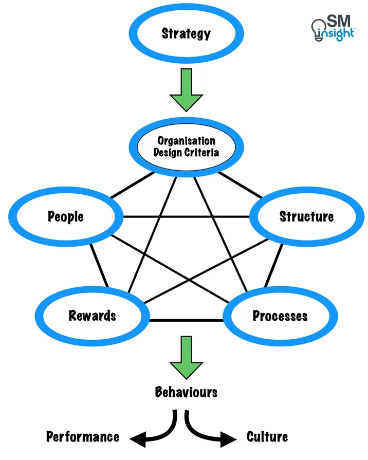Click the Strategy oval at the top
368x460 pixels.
(186, 34)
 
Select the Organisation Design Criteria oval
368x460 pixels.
(186, 146)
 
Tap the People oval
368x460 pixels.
(66, 216)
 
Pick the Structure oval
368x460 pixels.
(306, 216)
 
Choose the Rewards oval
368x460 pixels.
(93, 315)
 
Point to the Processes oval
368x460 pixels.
(280, 315)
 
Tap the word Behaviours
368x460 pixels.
(186, 393)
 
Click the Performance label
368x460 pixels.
(83, 437)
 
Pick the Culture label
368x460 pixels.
(267, 437)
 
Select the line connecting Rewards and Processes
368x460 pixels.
(186, 320)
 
